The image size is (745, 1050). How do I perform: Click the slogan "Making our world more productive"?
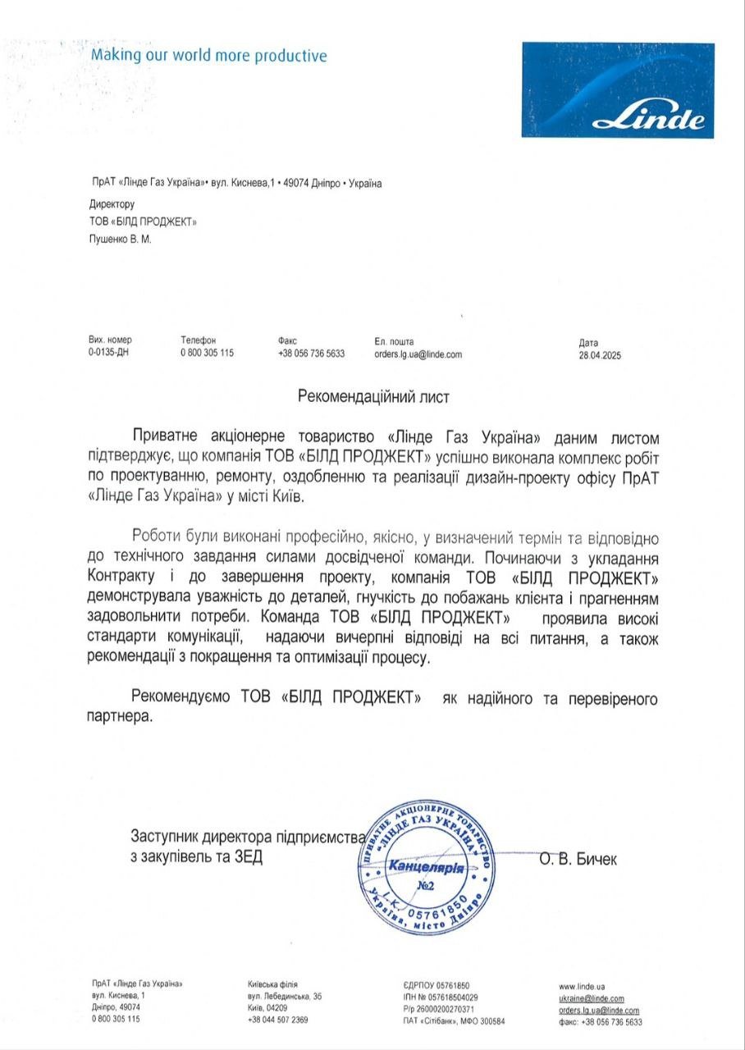(208, 56)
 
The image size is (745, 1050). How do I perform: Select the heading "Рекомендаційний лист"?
(373, 395)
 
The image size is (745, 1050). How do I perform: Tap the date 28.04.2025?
(601, 355)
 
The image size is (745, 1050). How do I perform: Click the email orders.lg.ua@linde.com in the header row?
(418, 354)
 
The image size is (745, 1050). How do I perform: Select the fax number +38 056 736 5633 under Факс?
(311, 354)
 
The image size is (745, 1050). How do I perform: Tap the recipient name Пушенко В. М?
(120, 240)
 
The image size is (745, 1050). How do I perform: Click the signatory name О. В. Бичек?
(578, 859)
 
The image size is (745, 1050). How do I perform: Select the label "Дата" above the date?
(588, 343)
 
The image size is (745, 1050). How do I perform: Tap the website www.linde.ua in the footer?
(582, 985)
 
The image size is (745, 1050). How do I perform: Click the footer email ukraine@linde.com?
(592, 998)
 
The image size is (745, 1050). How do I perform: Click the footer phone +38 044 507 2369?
(278, 1020)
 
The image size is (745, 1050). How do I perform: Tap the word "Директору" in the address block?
(111, 204)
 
